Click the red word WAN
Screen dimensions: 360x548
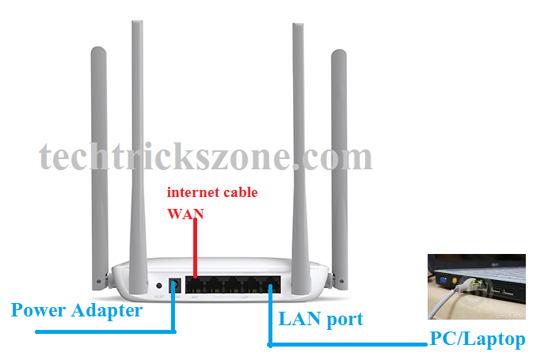pyautogui.click(x=185, y=214)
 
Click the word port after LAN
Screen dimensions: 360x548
pyautogui.click(x=343, y=320)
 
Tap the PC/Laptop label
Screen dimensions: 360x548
pyautogui.click(x=477, y=339)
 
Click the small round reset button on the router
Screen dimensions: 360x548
pyautogui.click(x=159, y=286)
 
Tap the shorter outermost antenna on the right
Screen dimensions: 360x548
pyautogui.click(x=340, y=158)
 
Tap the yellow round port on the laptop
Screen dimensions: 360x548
pyautogui.click(x=457, y=279)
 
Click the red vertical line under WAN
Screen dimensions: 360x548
pyautogui.click(x=195, y=245)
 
